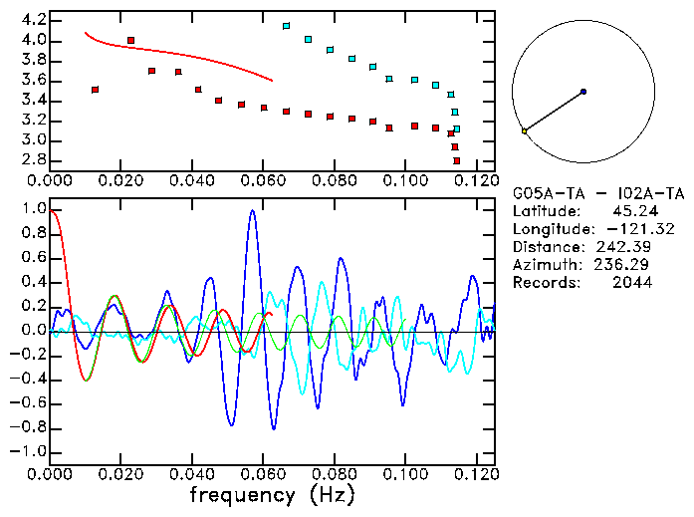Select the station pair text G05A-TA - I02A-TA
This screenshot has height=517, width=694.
coord(598,193)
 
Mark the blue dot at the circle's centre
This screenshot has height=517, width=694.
coord(583,91)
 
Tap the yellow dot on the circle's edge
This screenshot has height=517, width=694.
coord(524,130)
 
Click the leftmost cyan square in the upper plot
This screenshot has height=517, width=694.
coord(287,26)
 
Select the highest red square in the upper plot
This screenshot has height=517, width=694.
coord(131,41)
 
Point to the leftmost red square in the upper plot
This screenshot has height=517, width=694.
coord(96,90)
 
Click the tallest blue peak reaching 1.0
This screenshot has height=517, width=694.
coord(253,211)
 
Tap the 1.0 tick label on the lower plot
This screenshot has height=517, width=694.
coord(32,209)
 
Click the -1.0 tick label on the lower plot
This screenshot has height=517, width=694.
coord(28,451)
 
